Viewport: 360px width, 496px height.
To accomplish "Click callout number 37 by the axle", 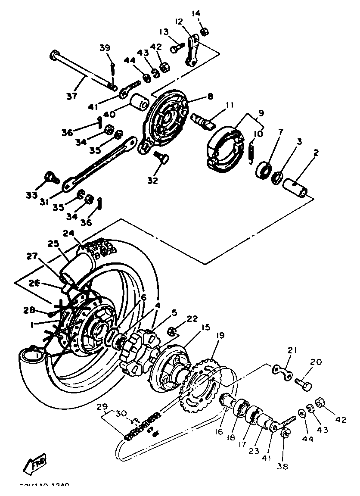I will tap(72, 96).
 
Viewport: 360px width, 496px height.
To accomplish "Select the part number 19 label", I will tap(220, 335).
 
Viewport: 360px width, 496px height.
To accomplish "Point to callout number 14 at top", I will tap(196, 13).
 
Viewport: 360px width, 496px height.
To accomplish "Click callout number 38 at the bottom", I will tap(283, 466).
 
